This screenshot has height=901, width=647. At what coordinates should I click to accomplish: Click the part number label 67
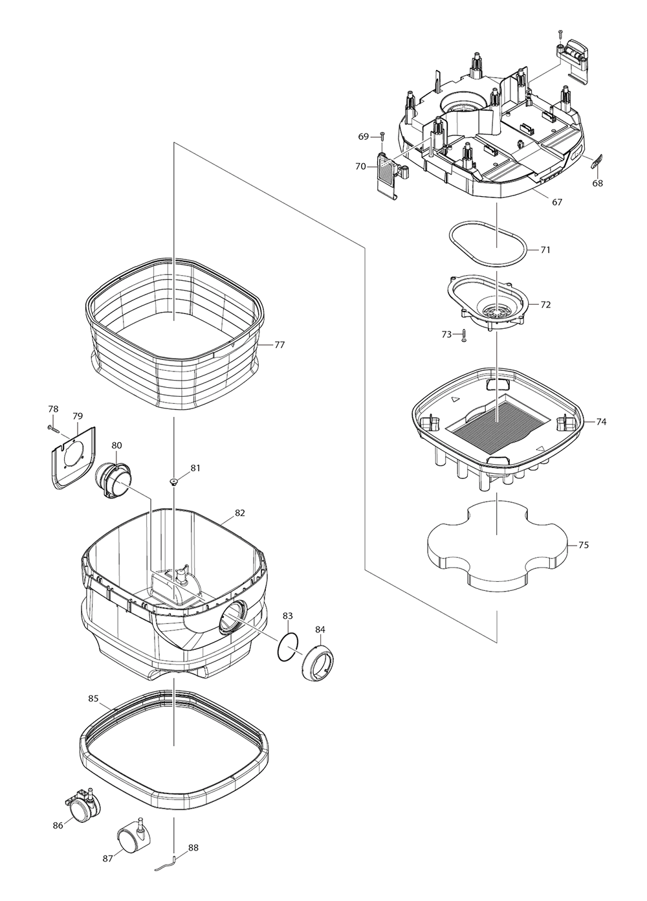tap(556, 202)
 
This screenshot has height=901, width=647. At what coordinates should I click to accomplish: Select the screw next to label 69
tap(382, 137)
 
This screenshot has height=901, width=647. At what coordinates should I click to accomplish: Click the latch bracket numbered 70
tap(388, 173)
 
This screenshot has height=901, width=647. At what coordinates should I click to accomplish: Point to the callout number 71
tap(545, 250)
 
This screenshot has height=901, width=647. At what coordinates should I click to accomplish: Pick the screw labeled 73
tap(464, 336)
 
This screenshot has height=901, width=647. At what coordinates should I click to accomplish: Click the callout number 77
tap(279, 345)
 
